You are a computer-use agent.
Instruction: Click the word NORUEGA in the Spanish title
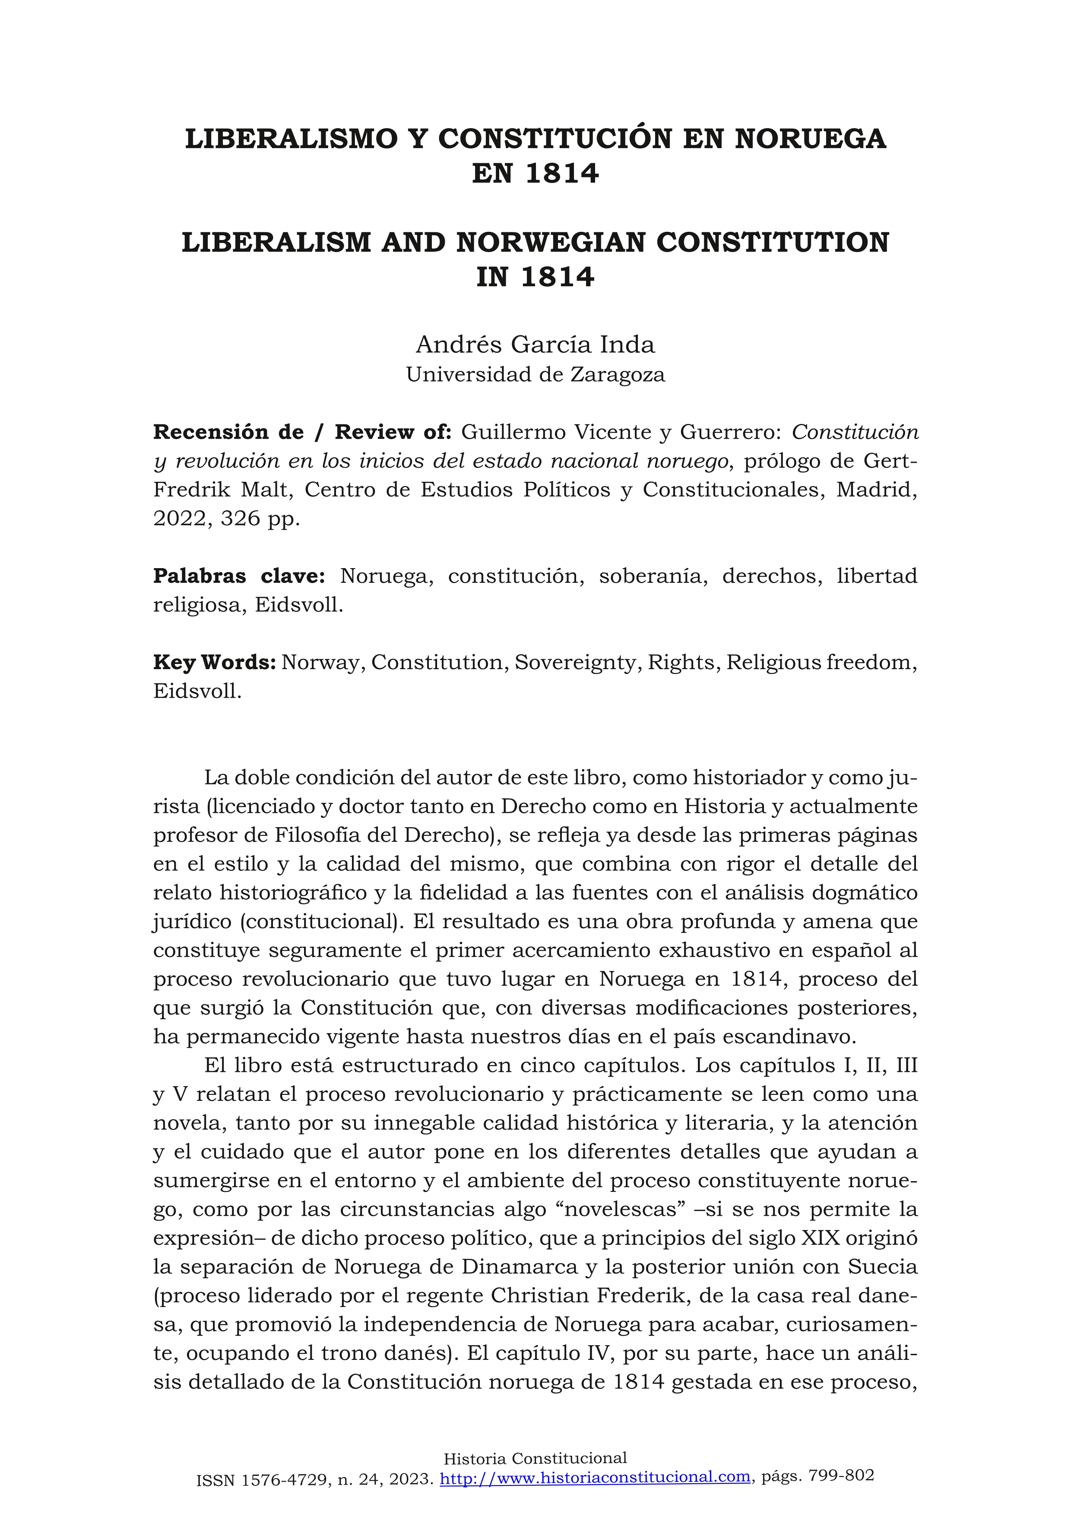tap(811, 139)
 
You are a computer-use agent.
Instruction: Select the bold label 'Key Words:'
tap(214, 662)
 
